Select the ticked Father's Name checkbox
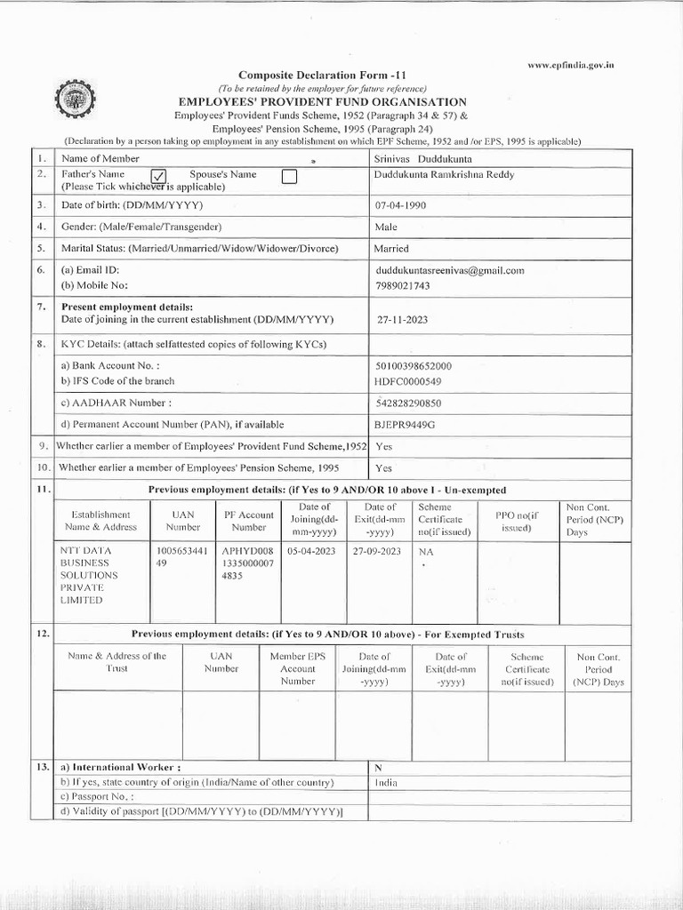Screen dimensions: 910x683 (x=160, y=177)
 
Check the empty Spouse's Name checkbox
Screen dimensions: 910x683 (x=288, y=177)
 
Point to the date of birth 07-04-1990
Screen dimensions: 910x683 (x=406, y=205)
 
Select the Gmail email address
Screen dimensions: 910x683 (x=450, y=270)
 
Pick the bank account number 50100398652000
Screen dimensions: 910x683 (x=414, y=366)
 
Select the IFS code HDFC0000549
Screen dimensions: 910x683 (x=409, y=381)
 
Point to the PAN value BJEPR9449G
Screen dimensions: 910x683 (x=406, y=425)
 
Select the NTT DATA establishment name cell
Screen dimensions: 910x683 (x=90, y=575)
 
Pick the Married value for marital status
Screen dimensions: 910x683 (x=391, y=249)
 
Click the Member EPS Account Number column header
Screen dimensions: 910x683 (x=298, y=668)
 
